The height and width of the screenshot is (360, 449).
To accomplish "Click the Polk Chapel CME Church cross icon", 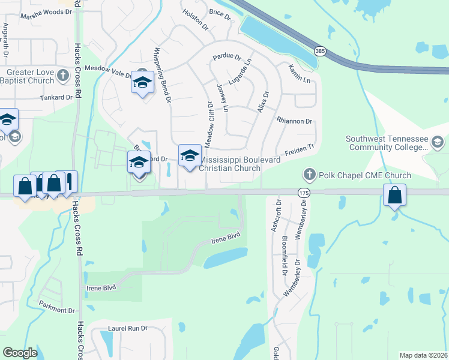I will pos(310,175).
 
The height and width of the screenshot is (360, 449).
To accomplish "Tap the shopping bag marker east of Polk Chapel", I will pos(395,196).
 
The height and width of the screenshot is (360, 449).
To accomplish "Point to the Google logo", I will pos(20,353).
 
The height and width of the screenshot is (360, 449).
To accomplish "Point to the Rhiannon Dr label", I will pos(294,121).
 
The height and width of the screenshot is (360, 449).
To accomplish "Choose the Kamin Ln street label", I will pos(298,74).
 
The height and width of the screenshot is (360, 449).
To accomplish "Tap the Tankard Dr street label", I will pos(56,97).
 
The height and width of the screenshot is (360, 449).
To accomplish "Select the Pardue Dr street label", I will pos(227,58).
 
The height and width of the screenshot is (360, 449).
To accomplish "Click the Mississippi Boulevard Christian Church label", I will pos(230,164).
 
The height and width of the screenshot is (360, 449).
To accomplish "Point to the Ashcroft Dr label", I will pos(276,212).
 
